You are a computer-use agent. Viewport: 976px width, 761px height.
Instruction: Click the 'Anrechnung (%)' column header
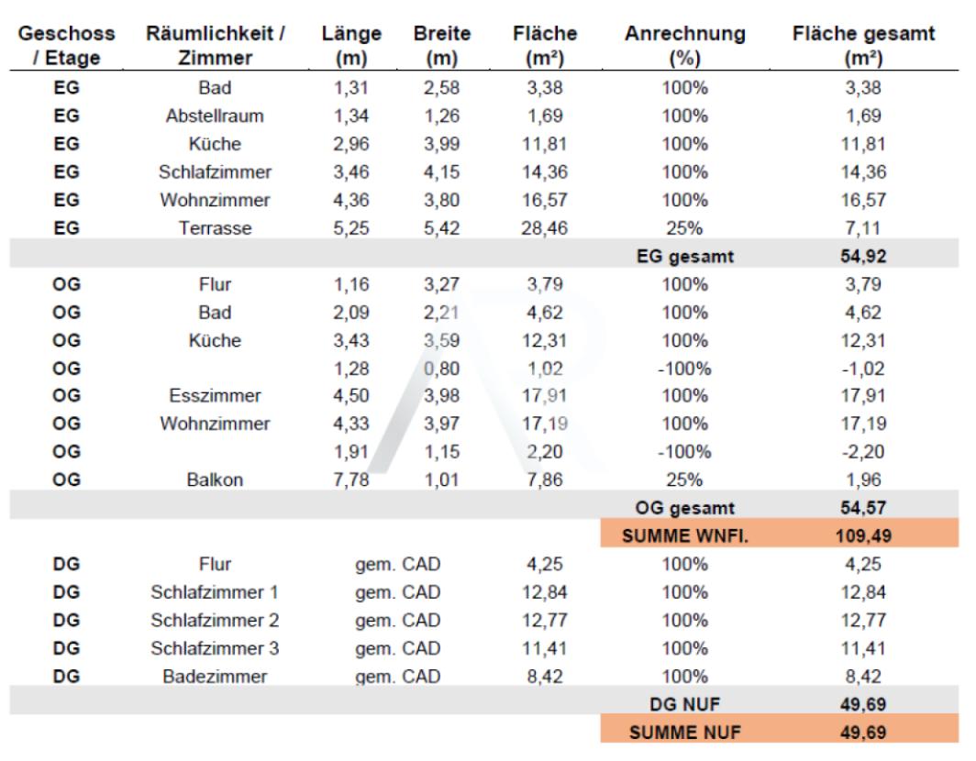pyautogui.click(x=684, y=46)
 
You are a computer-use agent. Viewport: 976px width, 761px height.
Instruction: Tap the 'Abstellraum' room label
pyautogui.click(x=215, y=116)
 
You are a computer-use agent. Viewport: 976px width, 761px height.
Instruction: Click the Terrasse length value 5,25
pyautogui.click(x=351, y=228)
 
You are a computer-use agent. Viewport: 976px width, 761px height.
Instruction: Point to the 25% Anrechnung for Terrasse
pyautogui.click(x=684, y=228)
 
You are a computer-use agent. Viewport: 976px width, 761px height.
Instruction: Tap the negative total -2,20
pyautogui.click(x=862, y=452)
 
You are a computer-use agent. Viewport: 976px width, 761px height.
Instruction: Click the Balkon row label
pyautogui.click(x=215, y=480)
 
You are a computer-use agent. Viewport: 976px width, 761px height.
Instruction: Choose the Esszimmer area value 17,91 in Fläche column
pyautogui.click(x=545, y=396)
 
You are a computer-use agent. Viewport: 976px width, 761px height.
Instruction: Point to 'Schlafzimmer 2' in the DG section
pyautogui.click(x=215, y=621)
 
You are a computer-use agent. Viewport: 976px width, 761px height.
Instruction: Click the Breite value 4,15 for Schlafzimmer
pyautogui.click(x=442, y=172)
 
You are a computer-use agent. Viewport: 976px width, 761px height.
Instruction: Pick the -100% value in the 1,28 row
pyautogui.click(x=684, y=369)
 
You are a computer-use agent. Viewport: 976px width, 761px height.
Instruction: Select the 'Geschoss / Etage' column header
pyautogui.click(x=67, y=46)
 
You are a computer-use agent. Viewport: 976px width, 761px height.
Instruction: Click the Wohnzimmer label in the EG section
pyautogui.click(x=215, y=201)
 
